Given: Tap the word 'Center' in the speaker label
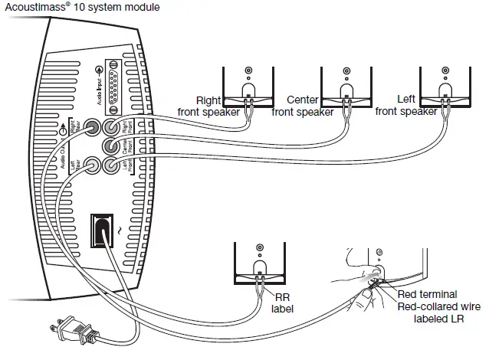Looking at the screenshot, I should [x=302, y=100].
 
